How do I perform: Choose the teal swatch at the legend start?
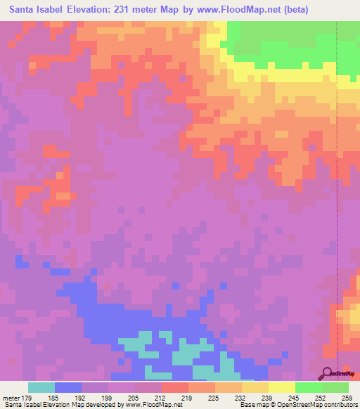[x=41, y=387]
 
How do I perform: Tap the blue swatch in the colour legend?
[x=67, y=387]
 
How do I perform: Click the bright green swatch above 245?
[x=308, y=387]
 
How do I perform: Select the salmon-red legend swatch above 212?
[x=174, y=387]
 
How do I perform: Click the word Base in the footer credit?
[x=247, y=405]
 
